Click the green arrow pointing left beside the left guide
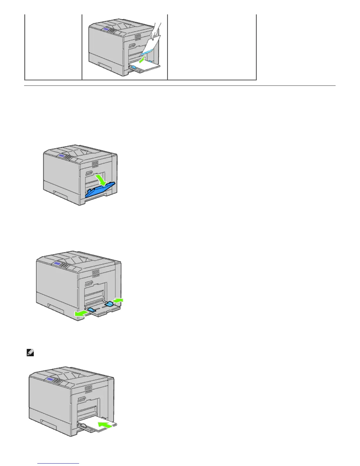click(80, 314)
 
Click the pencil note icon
click(30, 352)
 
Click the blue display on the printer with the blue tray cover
click(62, 155)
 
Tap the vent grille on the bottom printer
click(89, 389)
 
